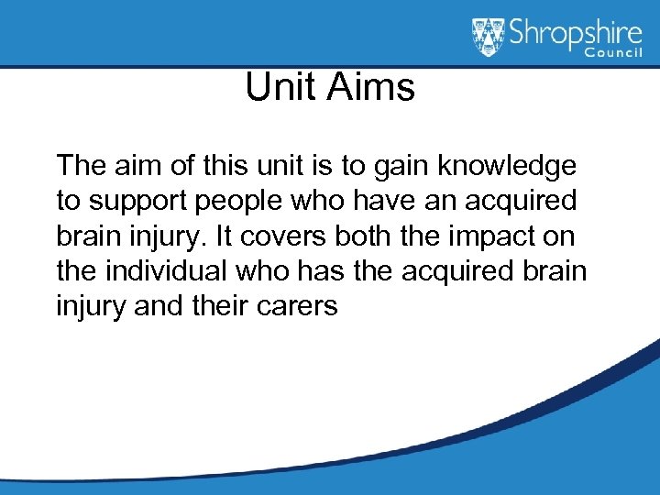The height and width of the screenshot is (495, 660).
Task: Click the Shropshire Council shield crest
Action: (x=489, y=38)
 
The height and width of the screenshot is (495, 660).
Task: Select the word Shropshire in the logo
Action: (x=573, y=34)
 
